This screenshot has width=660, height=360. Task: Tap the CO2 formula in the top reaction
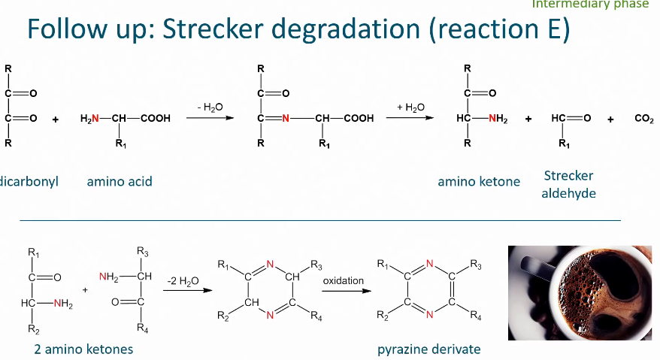[644, 119]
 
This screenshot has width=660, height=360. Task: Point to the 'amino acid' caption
[119, 181]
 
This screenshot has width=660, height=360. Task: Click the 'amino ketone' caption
[479, 181]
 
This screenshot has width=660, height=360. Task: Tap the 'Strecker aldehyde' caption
[569, 184]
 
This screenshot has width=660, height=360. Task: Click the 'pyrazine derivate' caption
[429, 349]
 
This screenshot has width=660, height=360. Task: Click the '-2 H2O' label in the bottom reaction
[183, 281]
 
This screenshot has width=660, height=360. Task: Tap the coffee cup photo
[579, 293]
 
